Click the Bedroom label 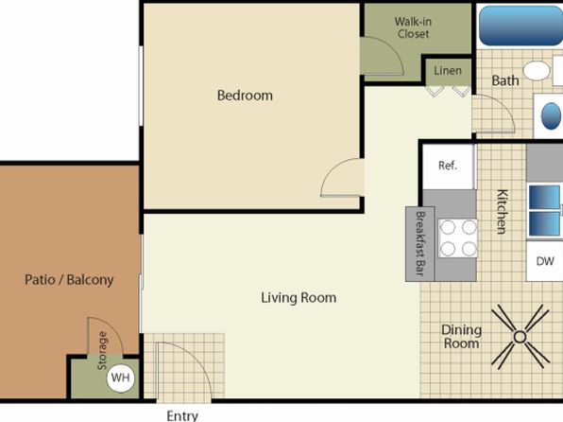click(245, 96)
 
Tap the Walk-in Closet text click(413, 27)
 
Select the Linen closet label click(448, 71)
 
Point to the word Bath click(505, 80)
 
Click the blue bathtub click(520, 26)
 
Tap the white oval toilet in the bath click(536, 71)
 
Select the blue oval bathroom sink click(551, 115)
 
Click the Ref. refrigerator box click(448, 166)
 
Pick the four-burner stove click(458, 237)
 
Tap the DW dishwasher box click(545, 261)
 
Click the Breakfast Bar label click(420, 243)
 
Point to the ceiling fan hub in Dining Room click(520, 337)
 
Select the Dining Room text click(461, 337)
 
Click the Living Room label click(299, 297)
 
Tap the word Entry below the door click(182, 416)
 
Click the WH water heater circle click(121, 378)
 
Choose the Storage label click(102, 350)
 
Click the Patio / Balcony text click(69, 279)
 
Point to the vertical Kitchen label click(502, 212)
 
